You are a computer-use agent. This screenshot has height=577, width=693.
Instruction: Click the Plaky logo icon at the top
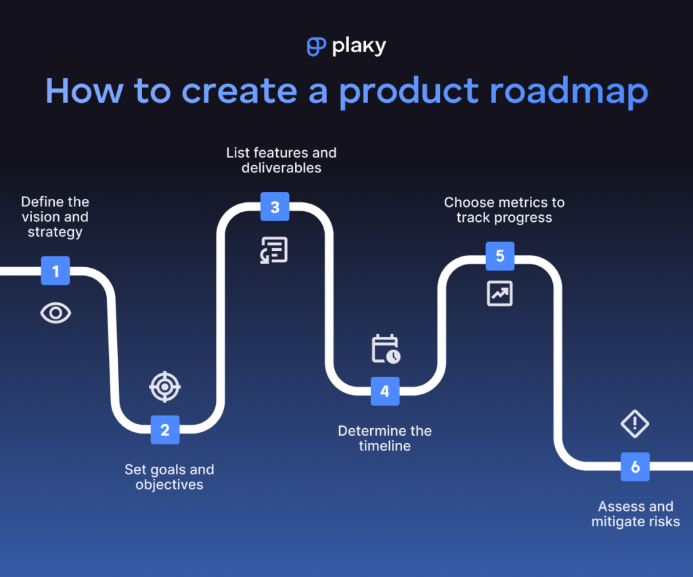(316, 46)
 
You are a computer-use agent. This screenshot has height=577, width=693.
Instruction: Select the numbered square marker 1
(55, 271)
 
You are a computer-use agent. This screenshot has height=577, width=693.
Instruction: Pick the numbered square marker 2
(165, 430)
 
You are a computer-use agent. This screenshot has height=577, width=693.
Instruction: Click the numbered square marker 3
(275, 207)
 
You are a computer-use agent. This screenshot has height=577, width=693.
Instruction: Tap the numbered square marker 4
(384, 391)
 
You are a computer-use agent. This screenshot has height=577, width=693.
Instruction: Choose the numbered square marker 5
(500, 256)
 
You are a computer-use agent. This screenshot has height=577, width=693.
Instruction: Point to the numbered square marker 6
(635, 467)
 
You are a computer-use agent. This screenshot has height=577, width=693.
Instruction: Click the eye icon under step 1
(55, 313)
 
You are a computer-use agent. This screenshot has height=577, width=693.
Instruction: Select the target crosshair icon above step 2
(165, 387)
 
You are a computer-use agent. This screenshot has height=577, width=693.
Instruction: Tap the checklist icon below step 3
(274, 250)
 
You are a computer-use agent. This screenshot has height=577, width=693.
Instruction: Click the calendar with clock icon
(386, 348)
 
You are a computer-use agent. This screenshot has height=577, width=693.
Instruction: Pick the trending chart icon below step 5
(500, 294)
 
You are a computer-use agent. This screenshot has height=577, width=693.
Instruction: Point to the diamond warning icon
(635, 424)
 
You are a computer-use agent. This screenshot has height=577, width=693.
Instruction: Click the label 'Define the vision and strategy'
(55, 216)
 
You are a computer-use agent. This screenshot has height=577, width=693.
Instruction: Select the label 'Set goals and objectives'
(169, 477)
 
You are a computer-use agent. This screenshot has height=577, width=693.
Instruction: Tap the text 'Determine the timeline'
(384, 438)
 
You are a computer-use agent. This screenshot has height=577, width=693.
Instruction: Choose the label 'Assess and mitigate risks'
(635, 514)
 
